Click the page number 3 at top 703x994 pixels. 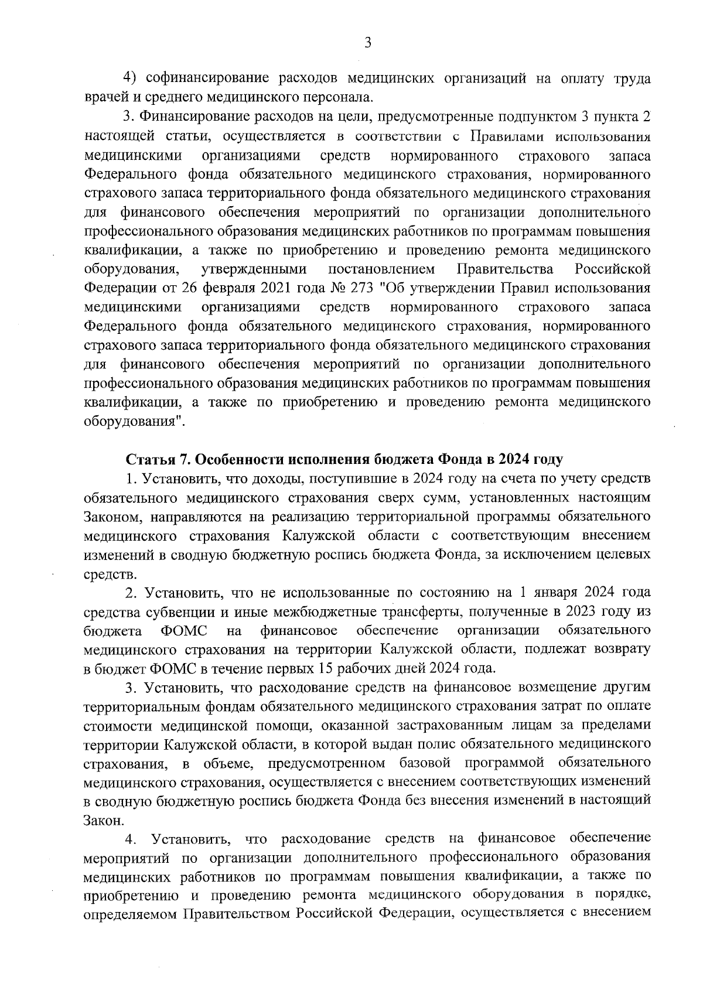point(367,43)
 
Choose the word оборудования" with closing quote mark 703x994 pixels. point(135,422)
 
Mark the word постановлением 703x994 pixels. point(382,269)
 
